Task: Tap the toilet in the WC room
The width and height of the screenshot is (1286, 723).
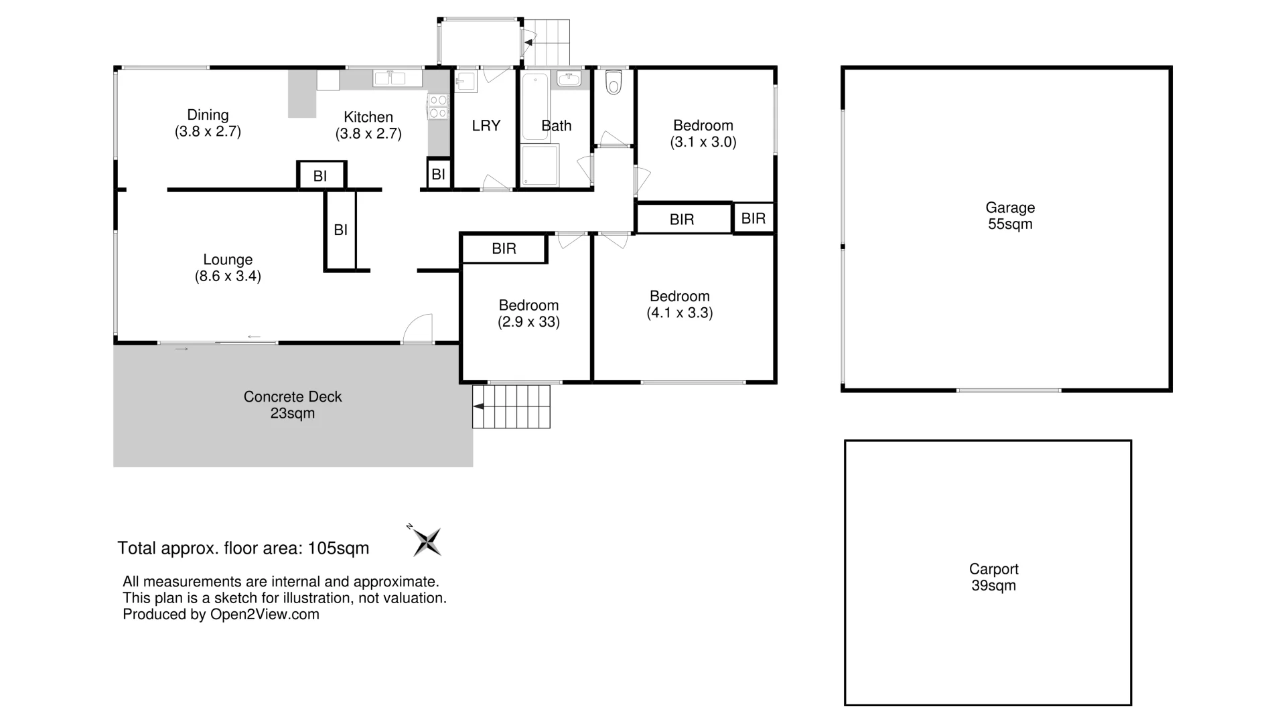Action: (613, 83)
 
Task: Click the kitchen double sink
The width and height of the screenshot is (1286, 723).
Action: (390, 78)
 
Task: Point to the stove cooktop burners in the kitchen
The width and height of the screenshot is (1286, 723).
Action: (438, 106)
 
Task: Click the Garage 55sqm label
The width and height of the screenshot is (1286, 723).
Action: (1010, 216)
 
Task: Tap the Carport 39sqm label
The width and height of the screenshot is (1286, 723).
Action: (993, 577)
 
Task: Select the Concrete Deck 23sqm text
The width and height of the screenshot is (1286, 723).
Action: (293, 405)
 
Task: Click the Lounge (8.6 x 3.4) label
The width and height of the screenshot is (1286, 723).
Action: (228, 268)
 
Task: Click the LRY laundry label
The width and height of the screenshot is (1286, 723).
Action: (486, 126)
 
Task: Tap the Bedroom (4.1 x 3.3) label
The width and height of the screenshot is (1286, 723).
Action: (679, 305)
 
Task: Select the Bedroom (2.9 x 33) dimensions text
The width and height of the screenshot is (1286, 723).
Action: (528, 322)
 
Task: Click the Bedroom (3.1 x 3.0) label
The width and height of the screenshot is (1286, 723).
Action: (703, 134)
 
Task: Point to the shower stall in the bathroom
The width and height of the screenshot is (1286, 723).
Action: (540, 165)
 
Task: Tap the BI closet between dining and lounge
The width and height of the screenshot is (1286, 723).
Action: (321, 176)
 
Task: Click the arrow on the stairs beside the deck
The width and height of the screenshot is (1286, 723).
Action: (478, 406)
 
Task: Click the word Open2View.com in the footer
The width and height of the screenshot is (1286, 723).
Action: (265, 615)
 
